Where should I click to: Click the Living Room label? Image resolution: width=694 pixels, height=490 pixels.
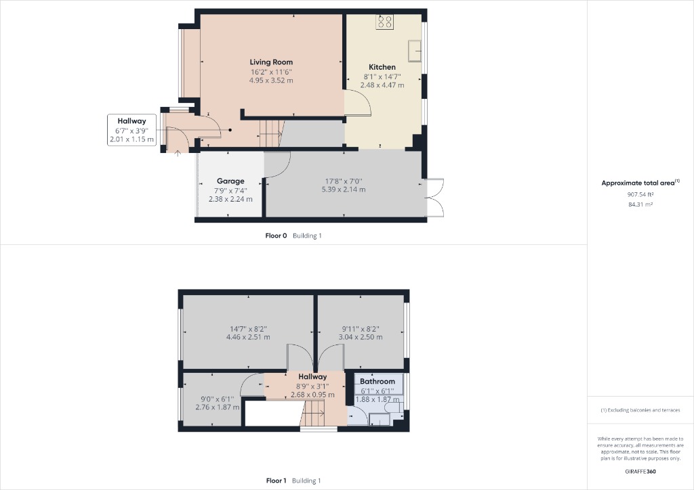click(271, 62)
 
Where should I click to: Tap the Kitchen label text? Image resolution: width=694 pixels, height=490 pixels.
click(382, 67)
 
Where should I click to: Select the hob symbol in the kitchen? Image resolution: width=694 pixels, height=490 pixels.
click(385, 22)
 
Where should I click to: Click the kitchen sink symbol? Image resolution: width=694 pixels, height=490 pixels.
click(414, 49)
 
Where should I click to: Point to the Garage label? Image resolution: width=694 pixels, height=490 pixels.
click(230, 181)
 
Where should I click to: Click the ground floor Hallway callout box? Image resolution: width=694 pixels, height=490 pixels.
click(131, 130)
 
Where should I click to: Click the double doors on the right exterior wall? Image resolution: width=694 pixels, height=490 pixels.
click(434, 197)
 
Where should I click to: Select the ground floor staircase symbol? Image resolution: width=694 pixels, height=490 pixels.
click(270, 133)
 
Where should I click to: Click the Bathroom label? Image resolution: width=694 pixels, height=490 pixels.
click(377, 382)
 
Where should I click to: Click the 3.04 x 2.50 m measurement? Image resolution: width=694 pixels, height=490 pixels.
click(361, 337)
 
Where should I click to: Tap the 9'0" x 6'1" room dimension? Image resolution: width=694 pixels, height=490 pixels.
click(218, 399)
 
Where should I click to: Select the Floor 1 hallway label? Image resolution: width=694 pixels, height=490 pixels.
click(312, 377)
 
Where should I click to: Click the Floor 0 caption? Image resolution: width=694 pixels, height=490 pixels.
click(276, 236)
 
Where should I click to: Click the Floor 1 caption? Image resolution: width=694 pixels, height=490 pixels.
click(277, 481)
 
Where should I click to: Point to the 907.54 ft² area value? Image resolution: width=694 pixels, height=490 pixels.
click(640, 194)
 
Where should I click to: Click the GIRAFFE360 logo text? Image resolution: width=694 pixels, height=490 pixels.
click(640, 471)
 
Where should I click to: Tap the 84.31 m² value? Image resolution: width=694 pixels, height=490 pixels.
click(640, 204)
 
